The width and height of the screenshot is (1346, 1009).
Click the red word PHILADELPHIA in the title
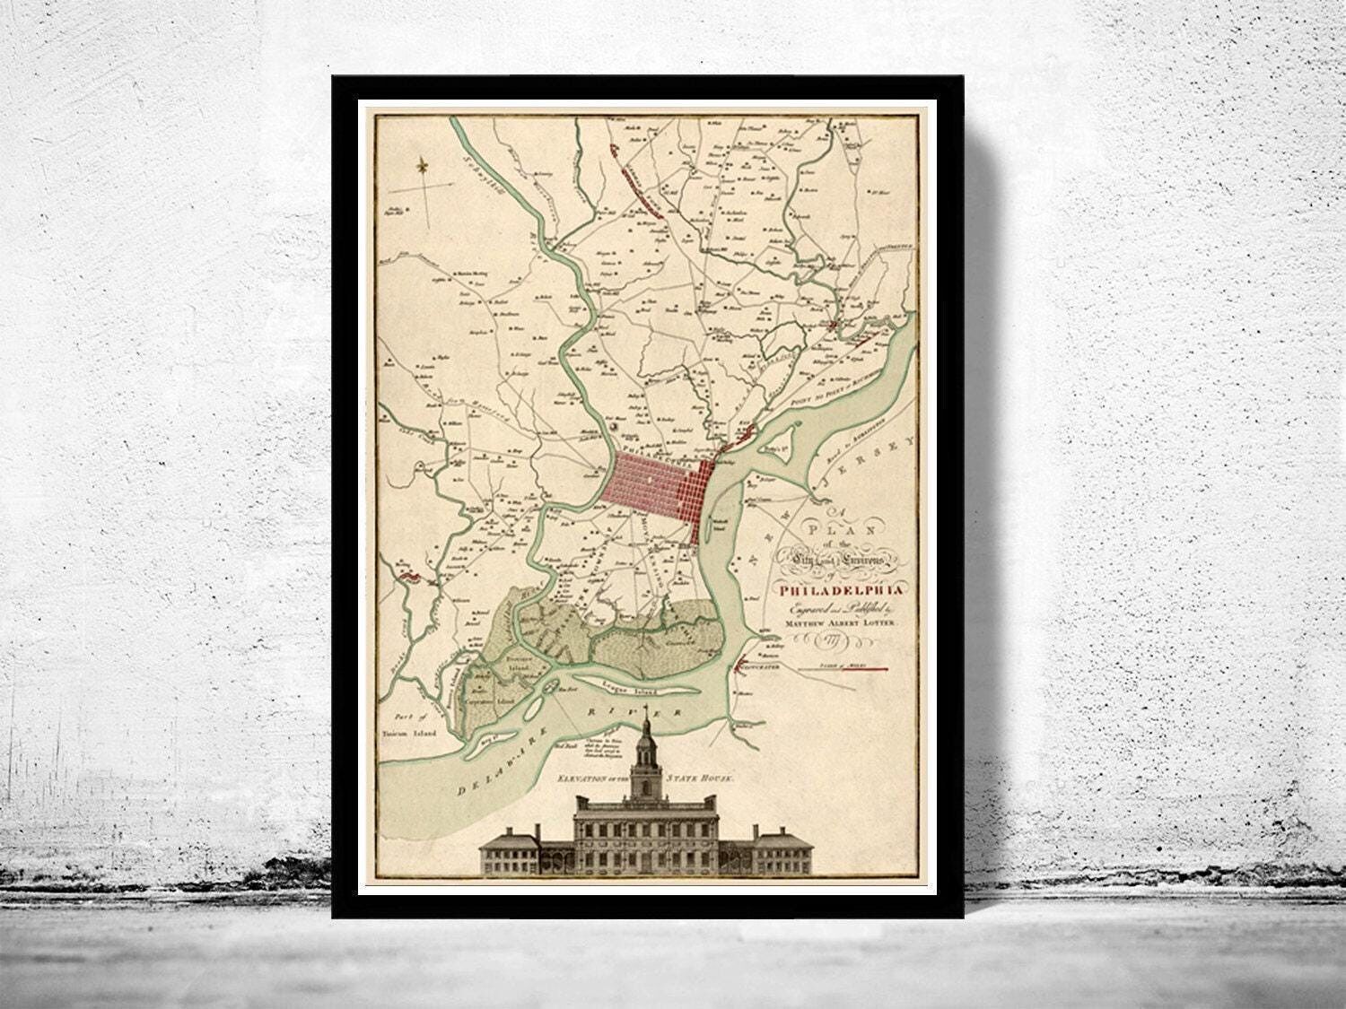(x=843, y=589)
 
